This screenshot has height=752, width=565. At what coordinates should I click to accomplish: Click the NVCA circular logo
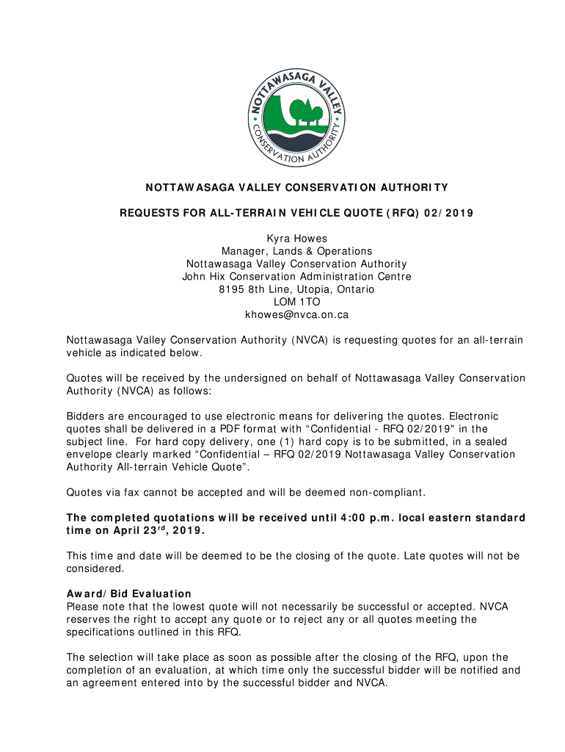296,117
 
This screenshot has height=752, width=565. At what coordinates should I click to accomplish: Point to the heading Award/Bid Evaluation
129,593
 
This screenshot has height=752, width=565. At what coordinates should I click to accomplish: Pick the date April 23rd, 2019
156,531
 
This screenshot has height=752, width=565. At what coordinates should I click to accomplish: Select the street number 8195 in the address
230,289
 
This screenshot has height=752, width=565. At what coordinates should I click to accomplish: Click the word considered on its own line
95,568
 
